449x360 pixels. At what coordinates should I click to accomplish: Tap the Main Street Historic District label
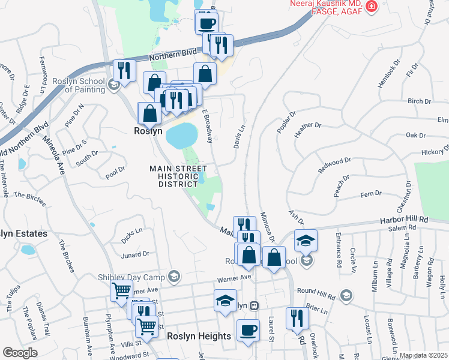(178, 176)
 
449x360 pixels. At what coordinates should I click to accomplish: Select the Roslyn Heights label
(199, 337)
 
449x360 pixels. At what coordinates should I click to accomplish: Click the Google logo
(20, 353)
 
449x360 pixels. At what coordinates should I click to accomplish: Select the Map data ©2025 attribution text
(423, 355)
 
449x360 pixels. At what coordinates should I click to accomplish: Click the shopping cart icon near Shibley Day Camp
(122, 290)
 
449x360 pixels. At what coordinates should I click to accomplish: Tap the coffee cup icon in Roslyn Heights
(249, 329)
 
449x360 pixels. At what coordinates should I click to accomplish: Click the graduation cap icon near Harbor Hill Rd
(306, 240)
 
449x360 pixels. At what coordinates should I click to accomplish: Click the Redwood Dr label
(334, 166)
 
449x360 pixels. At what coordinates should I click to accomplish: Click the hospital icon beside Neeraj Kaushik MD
(372, 7)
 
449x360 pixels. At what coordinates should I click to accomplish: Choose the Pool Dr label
(115, 170)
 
